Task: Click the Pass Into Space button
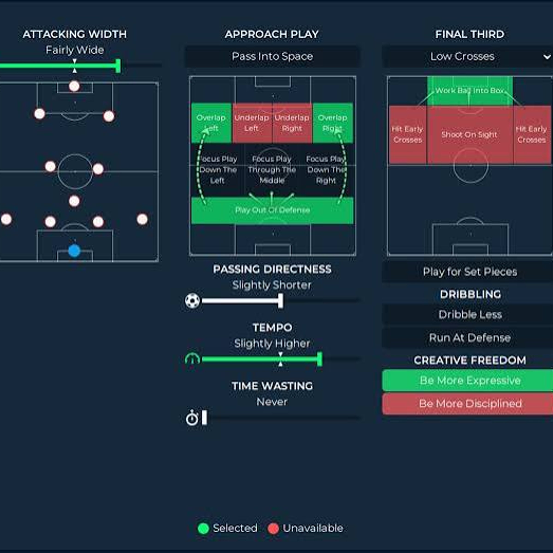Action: pyautogui.click(x=272, y=56)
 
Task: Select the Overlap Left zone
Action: pyautogui.click(x=211, y=123)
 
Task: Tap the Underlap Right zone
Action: pyautogui.click(x=292, y=123)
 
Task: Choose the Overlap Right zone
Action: pyautogui.click(x=332, y=123)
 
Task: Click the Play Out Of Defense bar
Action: pyautogui.click(x=272, y=210)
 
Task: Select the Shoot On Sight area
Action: pyautogui.click(x=469, y=135)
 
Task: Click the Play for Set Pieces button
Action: pyautogui.click(x=470, y=272)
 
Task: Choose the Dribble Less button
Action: pyautogui.click(x=470, y=315)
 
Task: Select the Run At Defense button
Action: pyautogui.click(x=470, y=338)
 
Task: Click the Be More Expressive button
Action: pyautogui.click(x=470, y=380)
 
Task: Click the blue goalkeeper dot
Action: pyautogui.click(x=74, y=251)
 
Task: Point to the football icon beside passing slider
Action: pyautogui.click(x=192, y=300)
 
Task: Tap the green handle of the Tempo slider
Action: pyautogui.click(x=320, y=359)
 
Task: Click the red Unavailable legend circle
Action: pyautogui.click(x=273, y=528)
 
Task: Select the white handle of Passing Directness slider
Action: pyautogui.click(x=281, y=300)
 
